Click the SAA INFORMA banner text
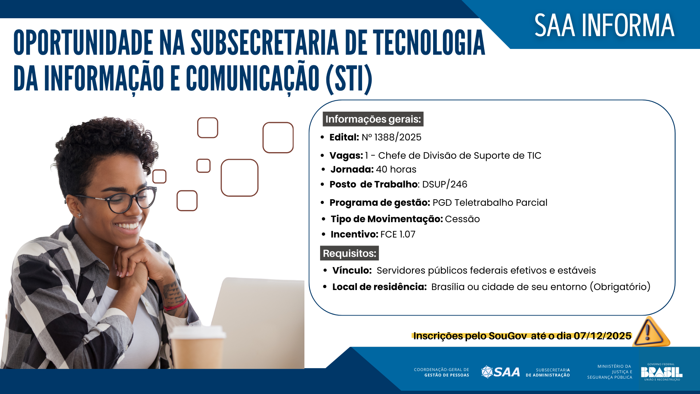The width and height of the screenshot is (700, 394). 604,26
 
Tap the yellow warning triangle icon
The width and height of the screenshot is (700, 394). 651,332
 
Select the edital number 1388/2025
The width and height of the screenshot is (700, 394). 397,137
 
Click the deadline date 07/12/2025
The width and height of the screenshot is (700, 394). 602,336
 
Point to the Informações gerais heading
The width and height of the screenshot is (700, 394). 373,119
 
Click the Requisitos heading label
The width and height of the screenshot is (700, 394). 349,253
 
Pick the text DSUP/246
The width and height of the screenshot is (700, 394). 444,184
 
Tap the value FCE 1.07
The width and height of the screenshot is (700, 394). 398,234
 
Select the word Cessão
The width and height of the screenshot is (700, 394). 462,219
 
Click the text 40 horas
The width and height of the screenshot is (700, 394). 396,169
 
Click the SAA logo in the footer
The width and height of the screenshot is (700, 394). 501,372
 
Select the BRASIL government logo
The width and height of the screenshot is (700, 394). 661,372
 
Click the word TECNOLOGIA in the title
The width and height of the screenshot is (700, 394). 429,43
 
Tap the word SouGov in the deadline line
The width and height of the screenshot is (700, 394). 507,336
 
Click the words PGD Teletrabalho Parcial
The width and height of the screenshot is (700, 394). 490,202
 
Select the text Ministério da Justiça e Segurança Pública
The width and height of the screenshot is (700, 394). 610,372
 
